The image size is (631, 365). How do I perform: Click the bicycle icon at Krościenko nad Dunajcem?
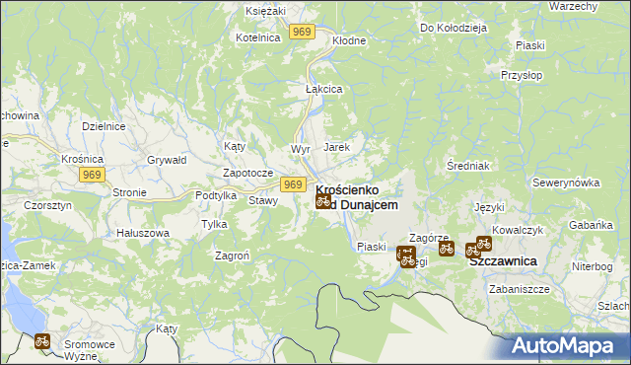coord(322,200)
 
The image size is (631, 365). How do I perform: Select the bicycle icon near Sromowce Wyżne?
coord(42,341)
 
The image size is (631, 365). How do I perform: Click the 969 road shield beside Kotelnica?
coord(302,33)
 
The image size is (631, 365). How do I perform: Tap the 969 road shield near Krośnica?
coord(92,175)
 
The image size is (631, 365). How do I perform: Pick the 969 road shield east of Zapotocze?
coord(292,183)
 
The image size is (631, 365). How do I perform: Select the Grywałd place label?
coord(167,159)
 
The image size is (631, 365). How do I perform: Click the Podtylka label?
coord(216,195)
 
